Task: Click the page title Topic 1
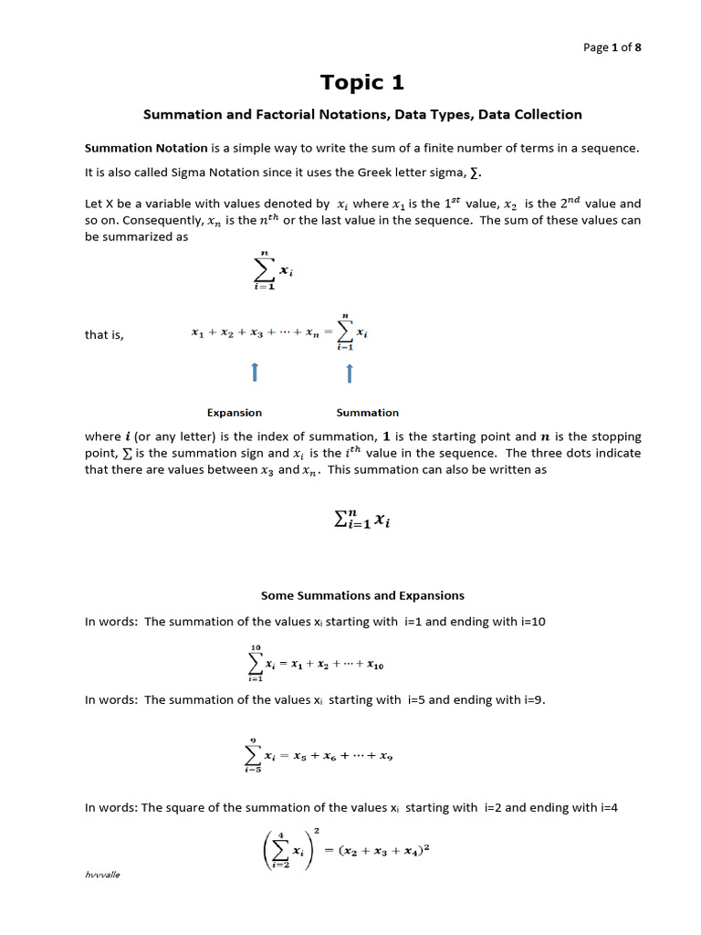tap(362, 82)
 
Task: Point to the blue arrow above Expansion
tap(255, 373)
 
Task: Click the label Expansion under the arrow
tap(235, 413)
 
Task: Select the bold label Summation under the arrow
tap(368, 413)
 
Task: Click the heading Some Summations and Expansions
tap(362, 595)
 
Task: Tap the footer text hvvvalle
tap(102, 874)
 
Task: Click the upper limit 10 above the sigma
tap(254, 646)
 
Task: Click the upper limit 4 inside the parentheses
tap(281, 834)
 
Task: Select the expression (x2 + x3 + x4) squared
tap(384, 849)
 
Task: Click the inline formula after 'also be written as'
tap(362, 521)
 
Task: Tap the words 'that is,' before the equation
tap(104, 335)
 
